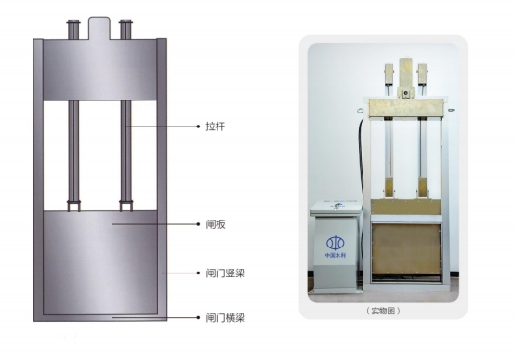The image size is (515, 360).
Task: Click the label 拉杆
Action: click(216, 127)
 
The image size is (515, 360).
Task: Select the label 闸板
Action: click(216, 224)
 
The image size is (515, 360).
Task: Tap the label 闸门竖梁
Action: click(225, 273)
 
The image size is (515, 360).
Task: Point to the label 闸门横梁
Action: click(225, 318)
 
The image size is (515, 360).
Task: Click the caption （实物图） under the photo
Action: click(383, 311)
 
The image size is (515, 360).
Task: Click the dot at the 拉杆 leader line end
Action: click(198, 127)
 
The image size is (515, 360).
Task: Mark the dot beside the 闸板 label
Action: click(198, 224)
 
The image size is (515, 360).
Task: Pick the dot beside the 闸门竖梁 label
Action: click(198, 273)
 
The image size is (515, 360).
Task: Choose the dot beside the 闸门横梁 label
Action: click(198, 317)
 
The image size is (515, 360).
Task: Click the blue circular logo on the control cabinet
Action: click(335, 244)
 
